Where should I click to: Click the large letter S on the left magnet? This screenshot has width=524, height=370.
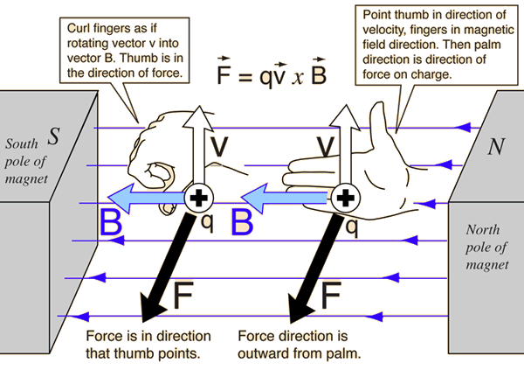point(54,138)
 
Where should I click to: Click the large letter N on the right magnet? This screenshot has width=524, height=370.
point(496,148)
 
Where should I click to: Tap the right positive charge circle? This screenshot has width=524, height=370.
point(346,197)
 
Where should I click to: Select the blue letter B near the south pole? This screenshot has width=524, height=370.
point(111,223)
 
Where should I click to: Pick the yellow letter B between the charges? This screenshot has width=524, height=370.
point(242,222)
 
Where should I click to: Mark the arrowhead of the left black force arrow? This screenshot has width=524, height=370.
point(149,314)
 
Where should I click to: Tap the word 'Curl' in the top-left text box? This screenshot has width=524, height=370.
point(79,29)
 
